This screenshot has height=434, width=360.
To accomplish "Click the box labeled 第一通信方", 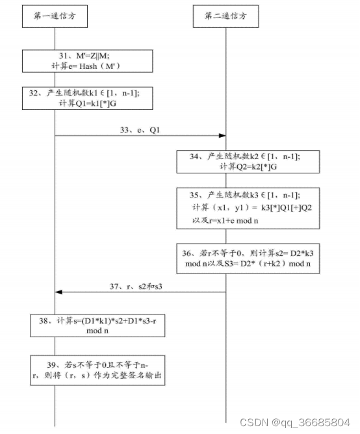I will coord(54,16).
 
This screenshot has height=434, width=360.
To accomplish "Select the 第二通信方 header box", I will coord(225,16).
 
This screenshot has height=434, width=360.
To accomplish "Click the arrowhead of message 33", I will coord(222,136).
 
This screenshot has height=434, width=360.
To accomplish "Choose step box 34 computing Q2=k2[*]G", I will coord(248,161).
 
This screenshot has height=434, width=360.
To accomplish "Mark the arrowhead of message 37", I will coord(58,292).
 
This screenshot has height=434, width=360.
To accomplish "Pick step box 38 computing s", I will coord(97,325).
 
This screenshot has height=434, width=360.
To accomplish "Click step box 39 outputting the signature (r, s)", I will coord(97,370).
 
